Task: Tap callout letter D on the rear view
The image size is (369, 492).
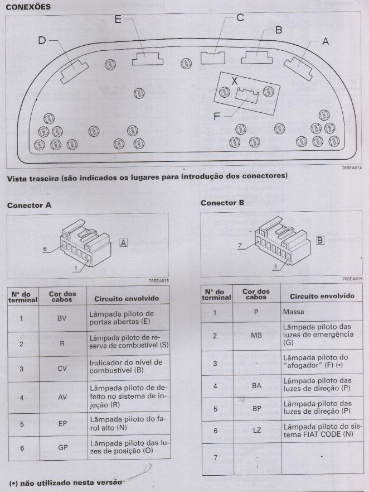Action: (42, 40)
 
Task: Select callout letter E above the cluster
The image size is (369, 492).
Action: (118, 20)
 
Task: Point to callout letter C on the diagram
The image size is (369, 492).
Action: (240, 17)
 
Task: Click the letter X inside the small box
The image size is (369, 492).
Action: (235, 80)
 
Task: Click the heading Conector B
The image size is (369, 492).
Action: (222, 203)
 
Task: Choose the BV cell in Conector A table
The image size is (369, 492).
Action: (62, 319)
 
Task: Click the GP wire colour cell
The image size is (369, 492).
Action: (62, 447)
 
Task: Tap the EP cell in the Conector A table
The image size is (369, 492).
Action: (62, 423)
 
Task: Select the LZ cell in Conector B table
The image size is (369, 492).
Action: (256, 431)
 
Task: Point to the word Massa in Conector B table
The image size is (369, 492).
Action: (294, 312)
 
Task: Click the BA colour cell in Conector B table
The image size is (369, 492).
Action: (256, 385)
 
